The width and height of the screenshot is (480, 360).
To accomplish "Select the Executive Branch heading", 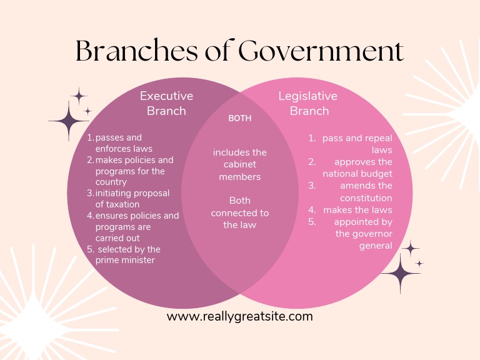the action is point(166,104).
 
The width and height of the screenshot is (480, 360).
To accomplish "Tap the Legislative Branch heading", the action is point(307,104).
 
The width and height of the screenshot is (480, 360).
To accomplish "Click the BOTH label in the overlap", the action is point(240,118).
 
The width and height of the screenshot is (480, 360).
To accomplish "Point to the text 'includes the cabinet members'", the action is point(240,164).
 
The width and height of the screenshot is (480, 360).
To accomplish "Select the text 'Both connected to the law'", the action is point(240,212).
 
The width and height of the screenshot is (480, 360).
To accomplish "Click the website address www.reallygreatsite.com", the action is point(240,316).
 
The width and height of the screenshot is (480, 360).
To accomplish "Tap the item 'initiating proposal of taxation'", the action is point(132,199).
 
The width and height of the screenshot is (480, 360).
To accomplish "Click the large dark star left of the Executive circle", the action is point(69,119).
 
